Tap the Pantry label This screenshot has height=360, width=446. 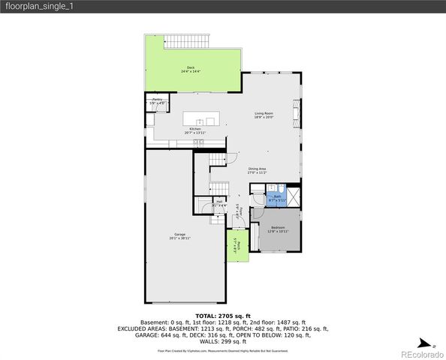pyautogui.click(x=157, y=100)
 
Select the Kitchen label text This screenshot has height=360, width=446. pyautogui.click(x=194, y=129)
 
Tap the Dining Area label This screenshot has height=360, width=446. pyautogui.click(x=258, y=169)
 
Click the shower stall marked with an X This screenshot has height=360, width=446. pyautogui.click(x=294, y=197)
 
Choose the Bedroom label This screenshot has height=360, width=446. pyautogui.click(x=278, y=228)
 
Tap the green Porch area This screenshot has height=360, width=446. pyautogui.click(x=237, y=245)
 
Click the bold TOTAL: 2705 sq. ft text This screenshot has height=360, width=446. pyautogui.click(x=223, y=316)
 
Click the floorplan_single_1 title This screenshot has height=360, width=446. pyautogui.click(x=39, y=6)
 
